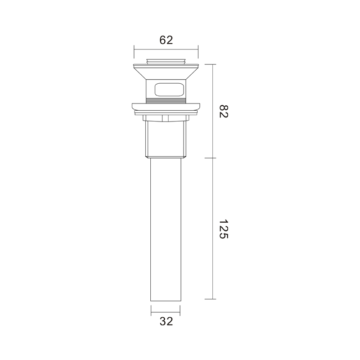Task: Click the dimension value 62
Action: point(166,40)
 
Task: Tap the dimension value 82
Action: point(223,111)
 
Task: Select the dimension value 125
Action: point(223,229)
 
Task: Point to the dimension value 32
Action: point(166,321)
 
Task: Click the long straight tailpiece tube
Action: point(166,229)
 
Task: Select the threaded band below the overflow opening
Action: point(166,101)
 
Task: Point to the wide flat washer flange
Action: point(166,107)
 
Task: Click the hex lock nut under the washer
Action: point(166,118)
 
